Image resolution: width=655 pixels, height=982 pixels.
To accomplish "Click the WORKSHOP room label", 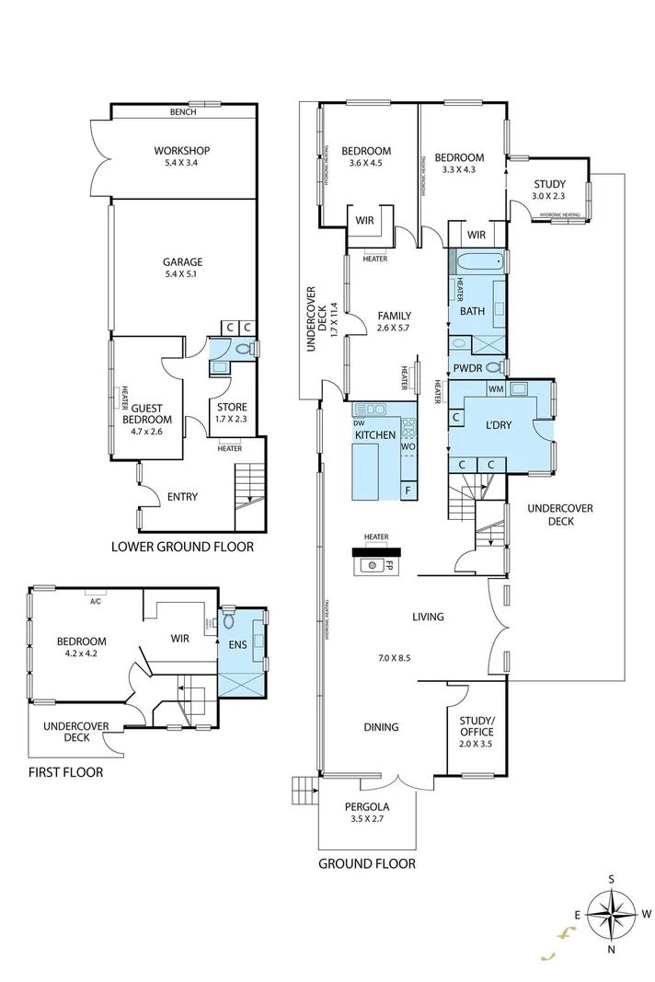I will click(182, 157).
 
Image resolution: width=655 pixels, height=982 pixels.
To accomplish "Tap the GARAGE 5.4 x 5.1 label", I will click(183, 268).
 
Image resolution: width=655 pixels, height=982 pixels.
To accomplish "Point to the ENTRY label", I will click(182, 497).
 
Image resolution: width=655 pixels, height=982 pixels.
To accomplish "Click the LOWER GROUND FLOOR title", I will click(182, 547).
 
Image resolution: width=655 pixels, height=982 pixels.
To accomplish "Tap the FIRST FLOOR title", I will click(65, 772).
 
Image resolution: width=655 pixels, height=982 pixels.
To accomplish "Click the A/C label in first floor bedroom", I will click(95, 602).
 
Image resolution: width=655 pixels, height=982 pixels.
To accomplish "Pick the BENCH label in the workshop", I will click(183, 112).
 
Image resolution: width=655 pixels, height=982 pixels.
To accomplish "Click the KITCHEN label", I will click(376, 434).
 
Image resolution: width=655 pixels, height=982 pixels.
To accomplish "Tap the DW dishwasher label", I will click(359, 422).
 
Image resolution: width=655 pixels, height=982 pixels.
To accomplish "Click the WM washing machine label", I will click(495, 389).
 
